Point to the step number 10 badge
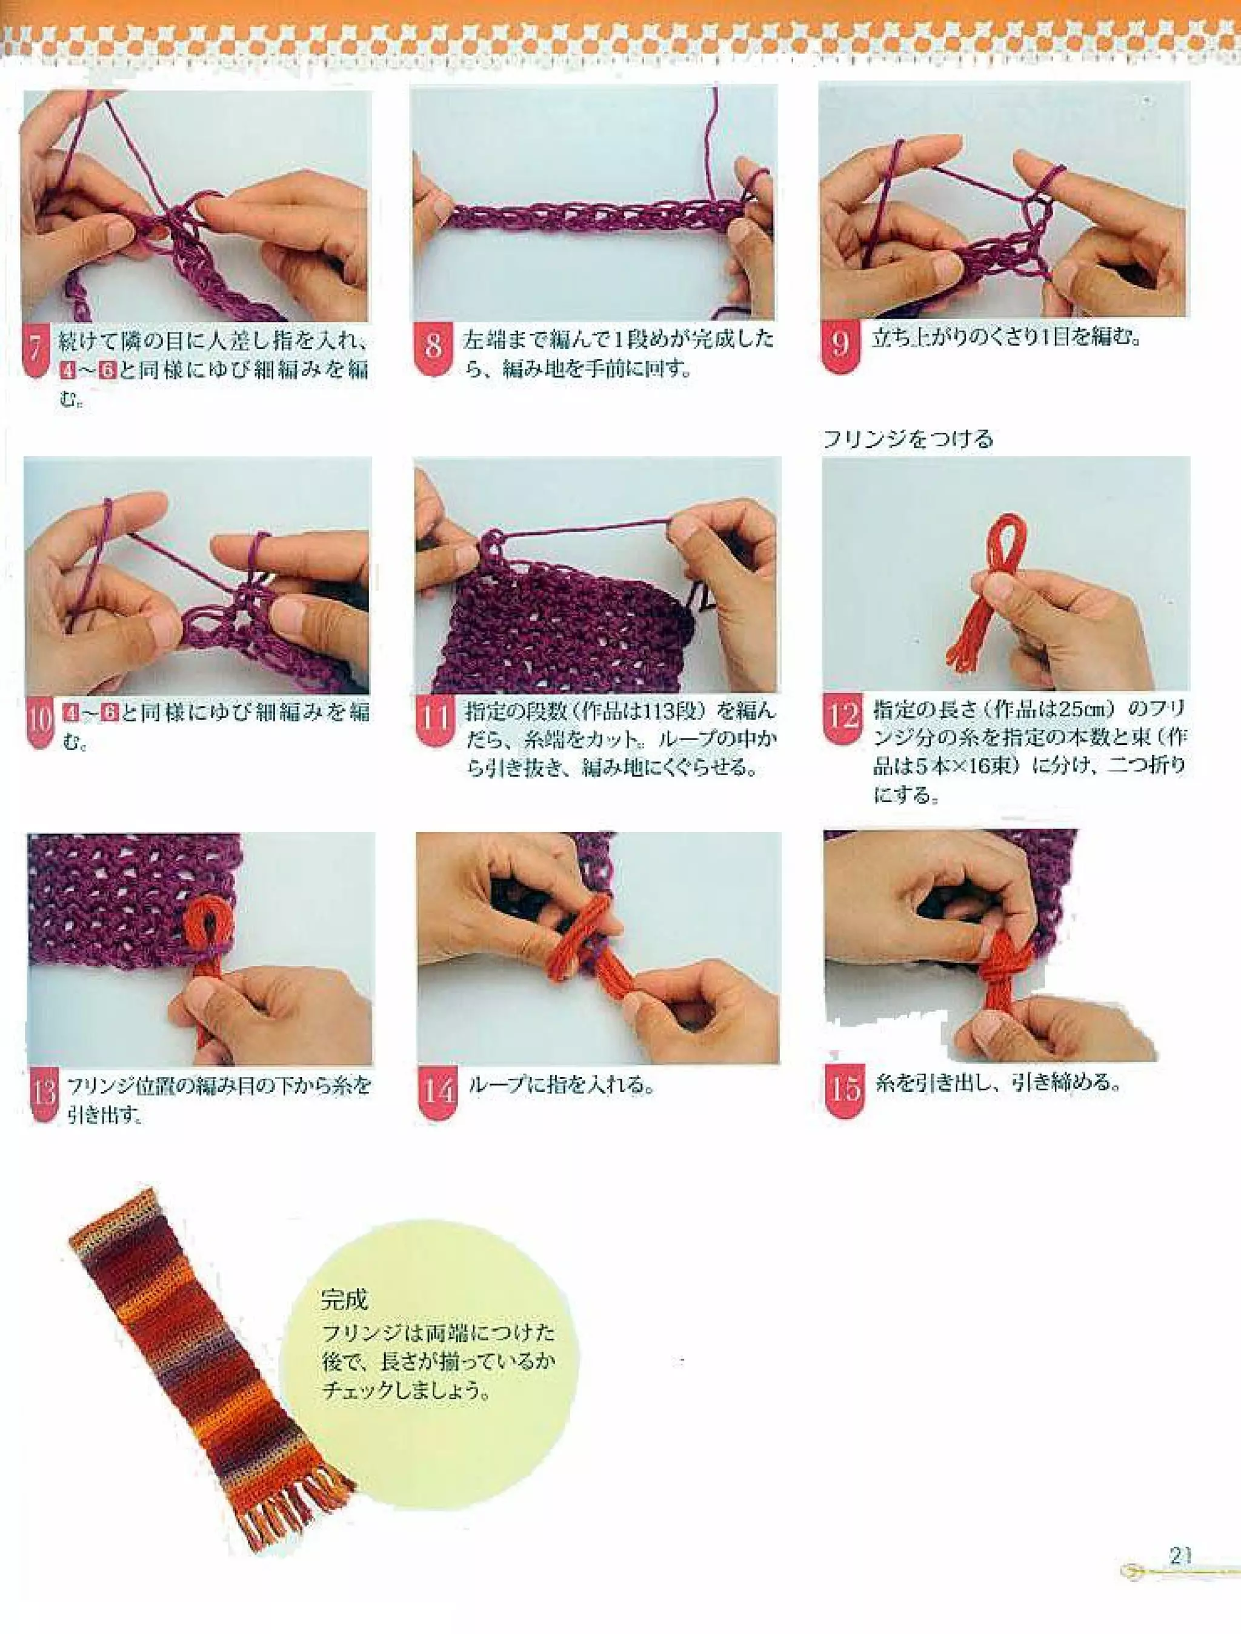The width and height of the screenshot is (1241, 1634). [x=41, y=720]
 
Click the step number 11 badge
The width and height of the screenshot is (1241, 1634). [x=435, y=718]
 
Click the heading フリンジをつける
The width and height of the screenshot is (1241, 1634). [x=908, y=439]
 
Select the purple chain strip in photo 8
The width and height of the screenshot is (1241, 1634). [x=591, y=216]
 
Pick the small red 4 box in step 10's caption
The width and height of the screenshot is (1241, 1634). [x=72, y=713]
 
